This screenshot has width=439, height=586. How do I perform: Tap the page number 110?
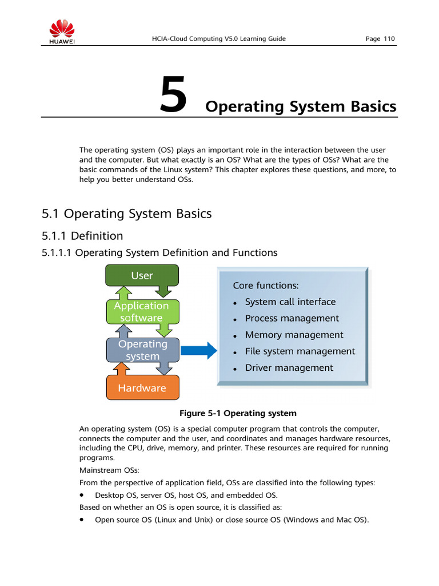click(x=388, y=39)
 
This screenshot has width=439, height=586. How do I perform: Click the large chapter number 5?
click(x=173, y=96)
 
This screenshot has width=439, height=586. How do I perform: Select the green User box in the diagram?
click(x=142, y=275)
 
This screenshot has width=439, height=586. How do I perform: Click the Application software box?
click(x=141, y=312)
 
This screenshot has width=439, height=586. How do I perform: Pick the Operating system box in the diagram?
click(x=142, y=350)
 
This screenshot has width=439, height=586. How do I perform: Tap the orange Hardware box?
click(x=142, y=388)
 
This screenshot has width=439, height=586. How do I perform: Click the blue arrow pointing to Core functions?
click(x=198, y=350)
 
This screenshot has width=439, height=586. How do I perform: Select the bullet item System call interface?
click(x=290, y=302)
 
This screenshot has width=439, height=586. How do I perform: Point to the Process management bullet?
click(x=292, y=318)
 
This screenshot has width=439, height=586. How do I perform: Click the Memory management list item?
click(x=294, y=335)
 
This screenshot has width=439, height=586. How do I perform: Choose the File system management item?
click(x=300, y=351)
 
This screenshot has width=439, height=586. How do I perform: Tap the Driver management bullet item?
click(x=289, y=368)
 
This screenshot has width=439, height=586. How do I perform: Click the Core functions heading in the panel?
click(x=265, y=285)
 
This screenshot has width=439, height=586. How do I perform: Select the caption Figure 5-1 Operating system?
click(x=238, y=413)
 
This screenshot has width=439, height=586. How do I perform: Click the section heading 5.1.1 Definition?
click(x=82, y=236)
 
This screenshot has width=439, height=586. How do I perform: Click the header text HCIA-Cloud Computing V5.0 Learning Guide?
click(x=218, y=39)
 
